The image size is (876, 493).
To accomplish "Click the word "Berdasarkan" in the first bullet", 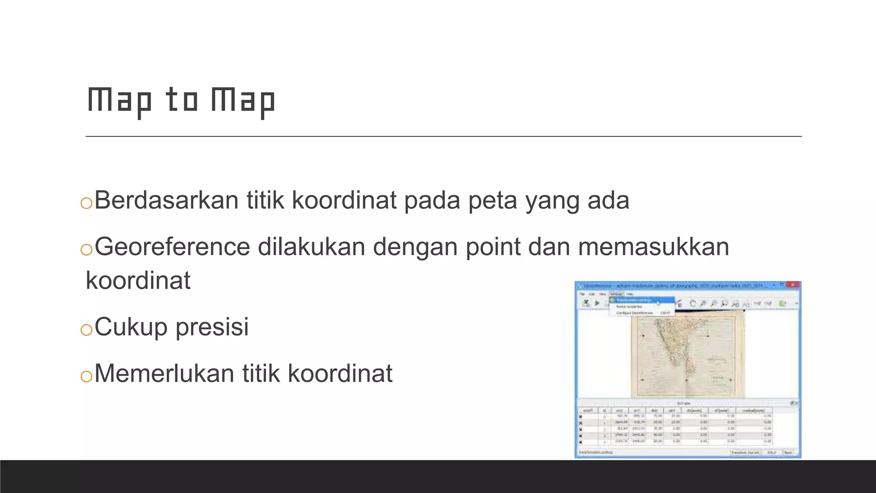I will [x=166, y=200].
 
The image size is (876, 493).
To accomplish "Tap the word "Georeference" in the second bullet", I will [x=172, y=247].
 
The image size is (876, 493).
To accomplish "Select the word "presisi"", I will [x=212, y=327].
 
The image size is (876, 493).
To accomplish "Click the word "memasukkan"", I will [x=653, y=247].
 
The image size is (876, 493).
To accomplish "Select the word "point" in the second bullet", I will [x=493, y=247].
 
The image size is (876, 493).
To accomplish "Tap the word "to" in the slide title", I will [x=182, y=101].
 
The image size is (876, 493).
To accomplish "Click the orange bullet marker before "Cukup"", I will [x=86, y=330].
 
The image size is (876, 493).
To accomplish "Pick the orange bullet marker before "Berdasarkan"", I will [x=86, y=203].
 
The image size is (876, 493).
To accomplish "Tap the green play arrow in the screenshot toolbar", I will [x=597, y=303].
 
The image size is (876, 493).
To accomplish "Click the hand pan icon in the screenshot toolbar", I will [x=693, y=303].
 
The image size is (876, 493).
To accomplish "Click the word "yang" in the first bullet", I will [x=552, y=200].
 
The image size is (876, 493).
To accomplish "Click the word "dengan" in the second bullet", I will [x=415, y=247].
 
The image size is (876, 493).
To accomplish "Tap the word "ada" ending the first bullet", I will [x=608, y=200].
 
